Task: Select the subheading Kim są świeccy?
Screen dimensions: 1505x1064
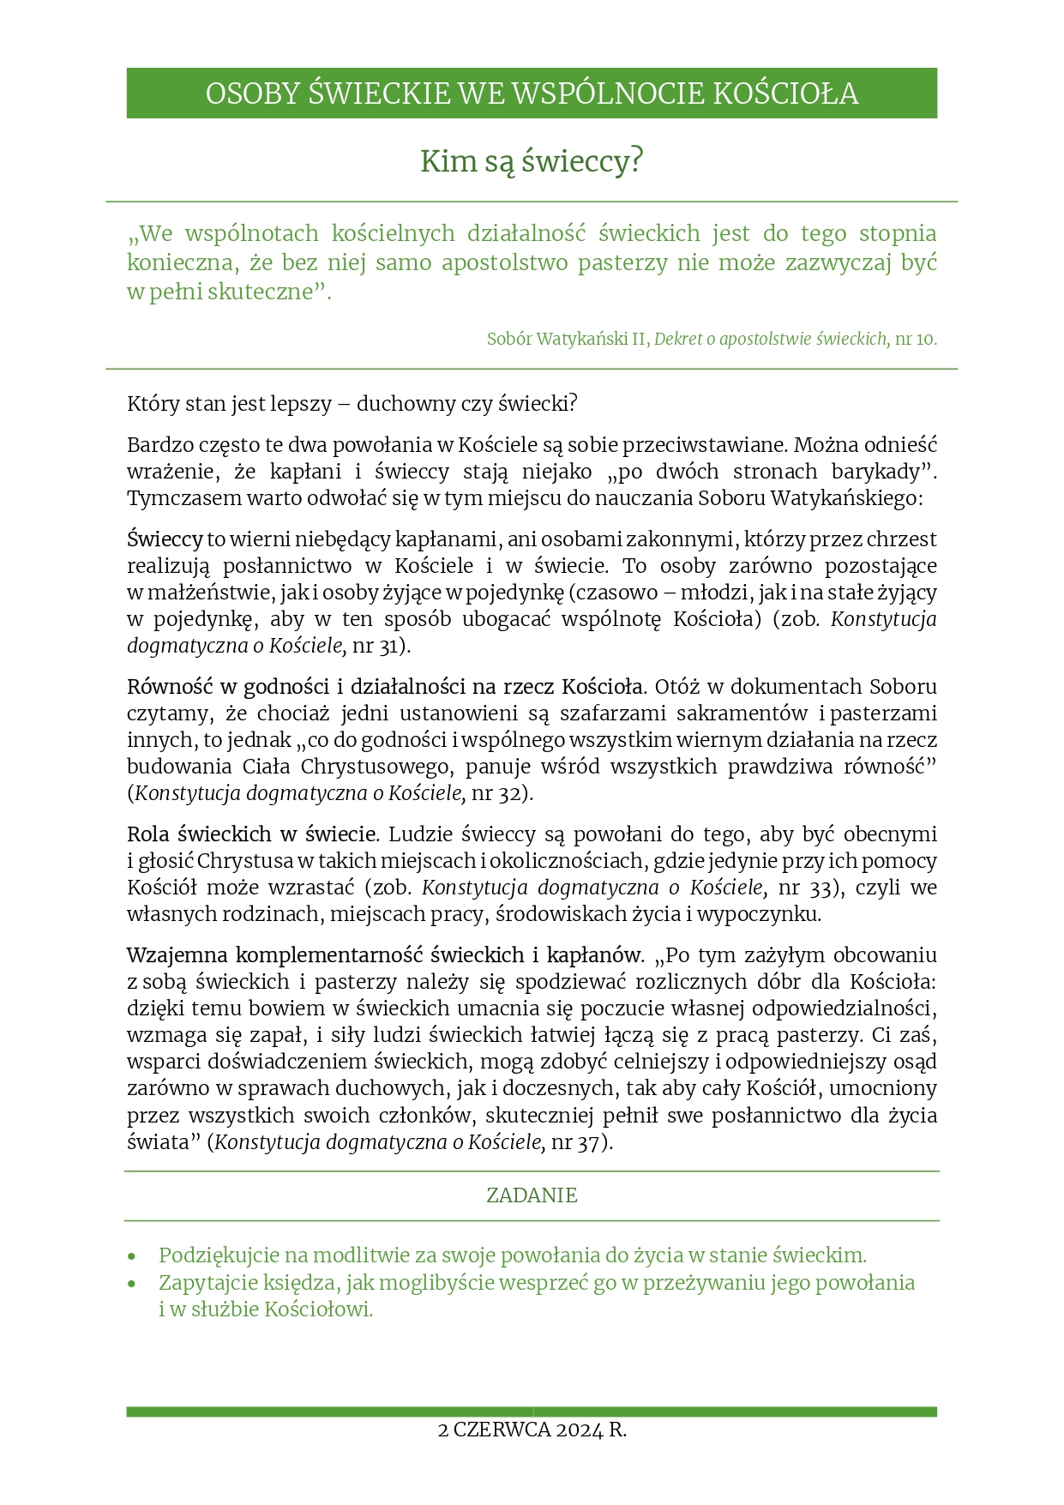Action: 532,161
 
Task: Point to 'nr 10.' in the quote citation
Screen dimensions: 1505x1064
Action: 916,339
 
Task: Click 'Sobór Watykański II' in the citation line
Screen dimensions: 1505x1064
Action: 566,339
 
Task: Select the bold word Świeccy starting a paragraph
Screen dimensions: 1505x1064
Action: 165,539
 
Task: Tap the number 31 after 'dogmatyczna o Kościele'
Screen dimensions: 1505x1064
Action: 389,646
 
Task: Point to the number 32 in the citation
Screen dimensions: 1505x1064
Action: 509,793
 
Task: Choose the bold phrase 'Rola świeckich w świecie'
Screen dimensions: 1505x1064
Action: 251,834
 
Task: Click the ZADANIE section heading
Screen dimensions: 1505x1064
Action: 532,1195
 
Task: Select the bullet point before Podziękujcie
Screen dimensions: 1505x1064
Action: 132,1256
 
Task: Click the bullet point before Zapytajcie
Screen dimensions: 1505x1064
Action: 132,1284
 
